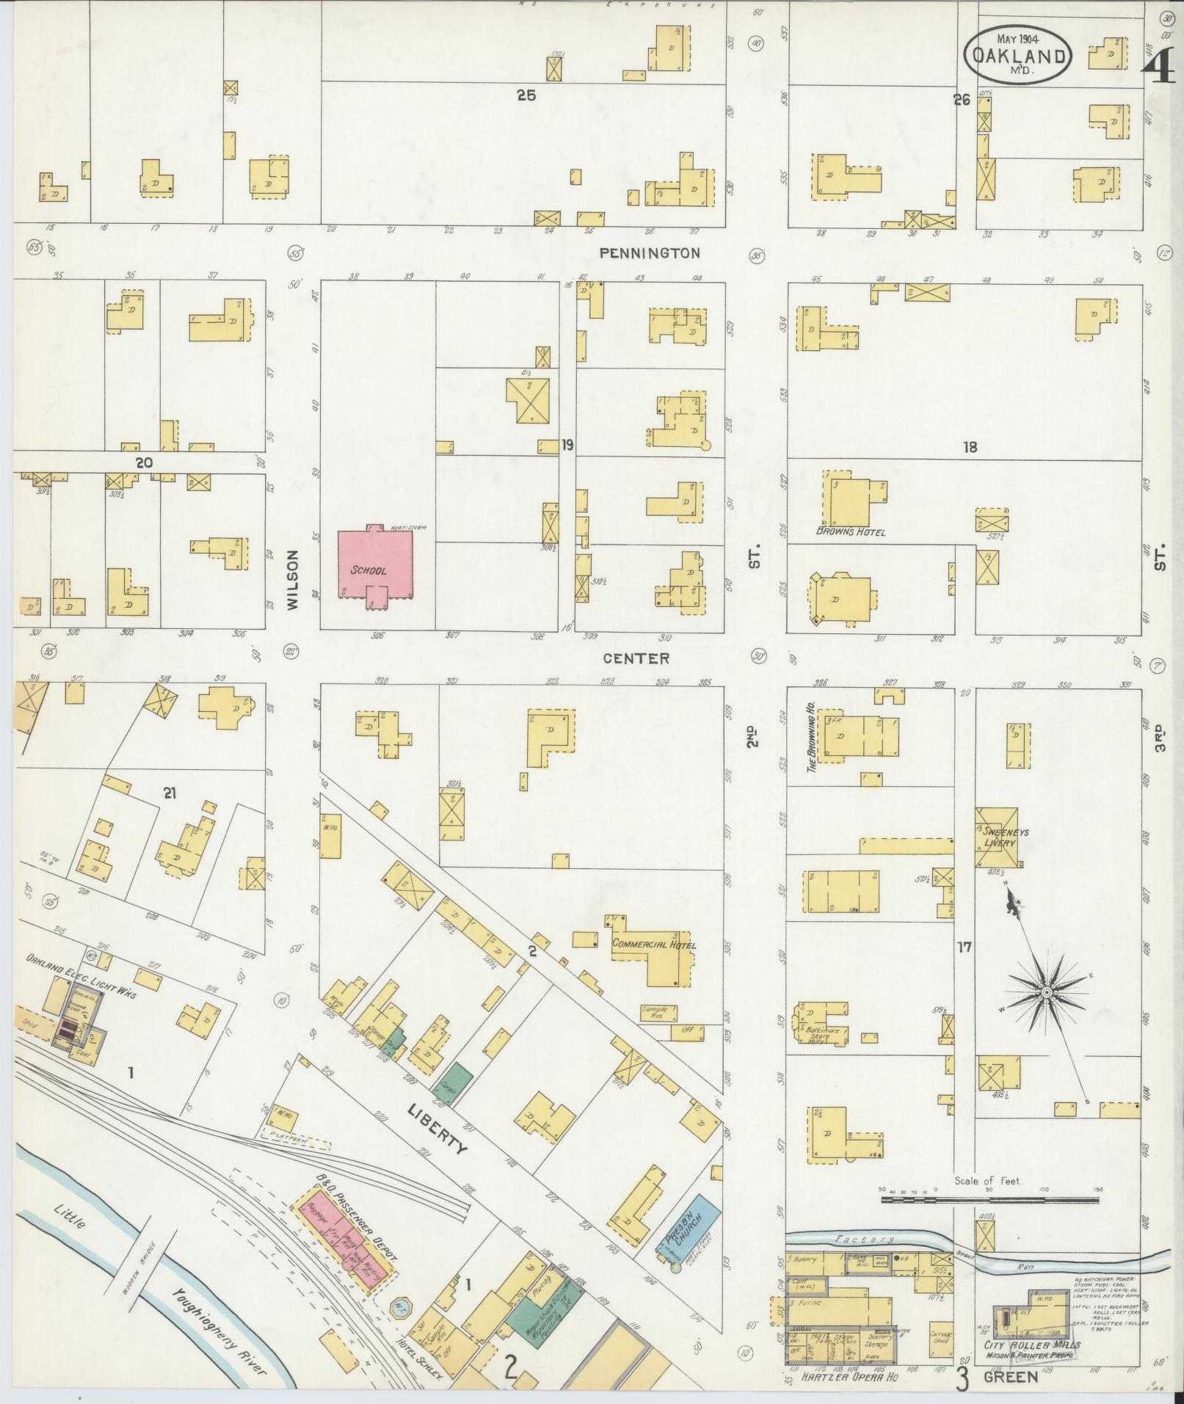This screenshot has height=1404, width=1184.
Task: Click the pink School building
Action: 374,565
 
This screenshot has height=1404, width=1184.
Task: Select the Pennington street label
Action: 650,253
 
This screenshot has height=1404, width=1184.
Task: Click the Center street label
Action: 636,658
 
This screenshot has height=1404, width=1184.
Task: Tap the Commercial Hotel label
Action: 654,945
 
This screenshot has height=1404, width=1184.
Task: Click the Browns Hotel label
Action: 850,531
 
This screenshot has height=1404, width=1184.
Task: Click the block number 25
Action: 526,95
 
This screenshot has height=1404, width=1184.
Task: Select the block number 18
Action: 970,446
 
